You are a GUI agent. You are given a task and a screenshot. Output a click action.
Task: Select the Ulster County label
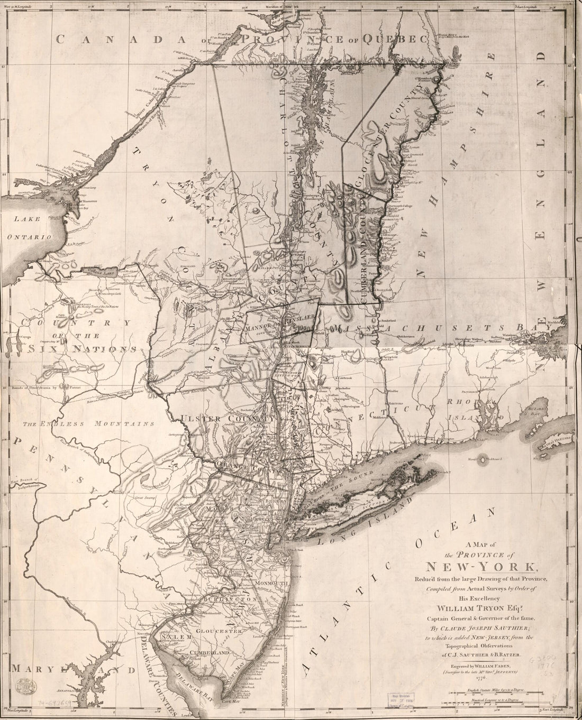point(228,418)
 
